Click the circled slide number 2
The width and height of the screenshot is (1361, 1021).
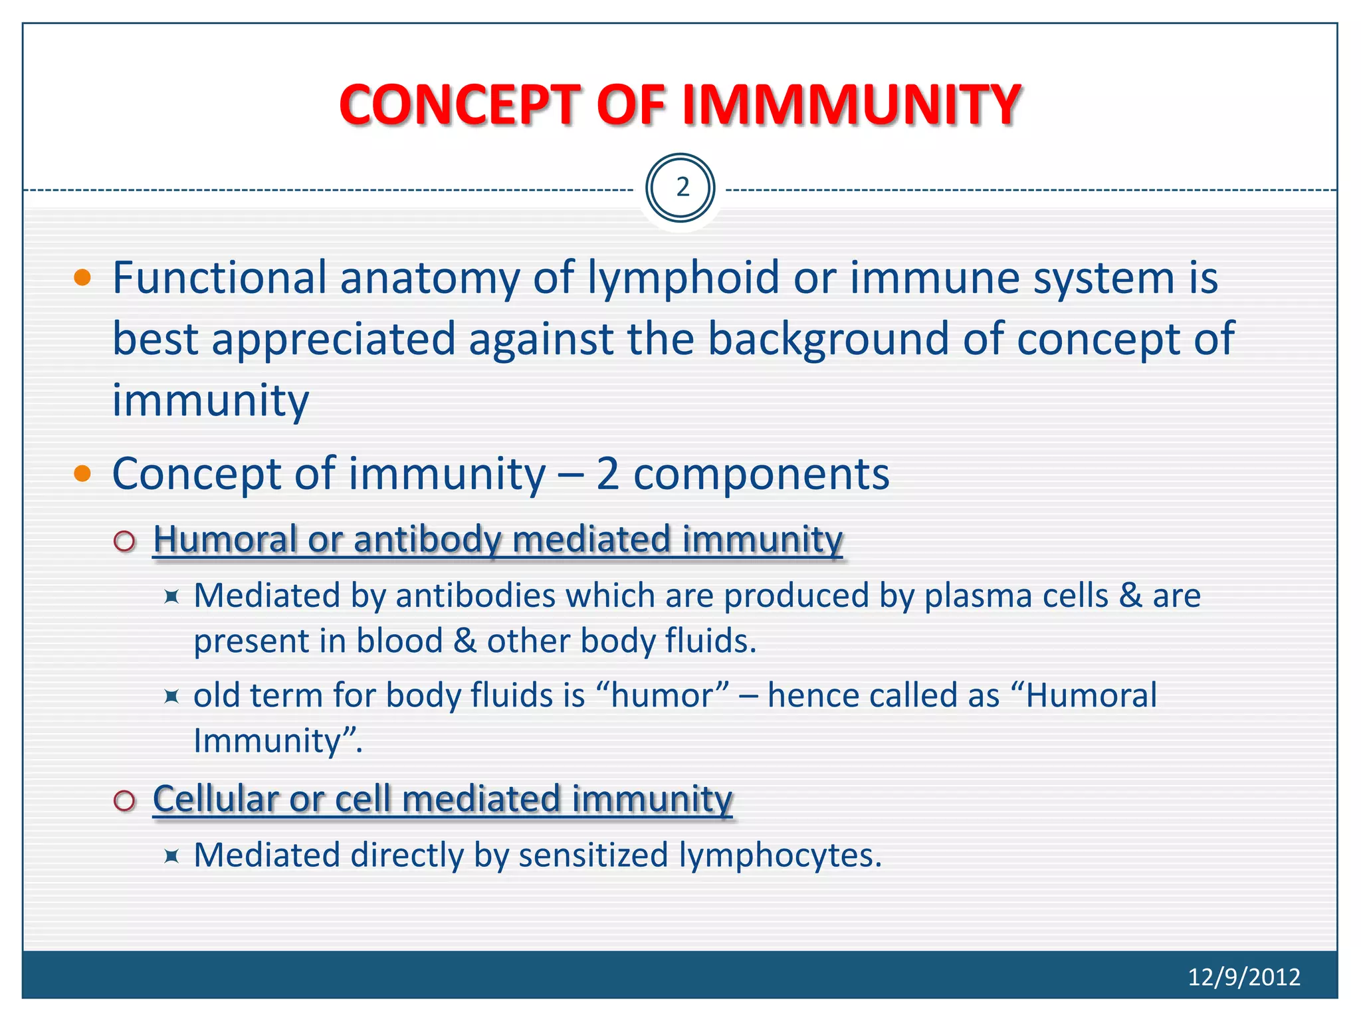pyautogui.click(x=680, y=188)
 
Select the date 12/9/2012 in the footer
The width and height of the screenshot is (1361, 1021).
pyautogui.click(x=1243, y=976)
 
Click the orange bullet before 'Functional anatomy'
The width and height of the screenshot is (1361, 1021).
pyautogui.click(x=82, y=278)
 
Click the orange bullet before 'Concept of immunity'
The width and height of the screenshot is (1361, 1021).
pyautogui.click(x=82, y=473)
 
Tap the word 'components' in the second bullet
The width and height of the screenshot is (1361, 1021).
pyautogui.click(x=761, y=474)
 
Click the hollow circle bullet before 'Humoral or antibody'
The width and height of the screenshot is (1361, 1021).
pyautogui.click(x=124, y=541)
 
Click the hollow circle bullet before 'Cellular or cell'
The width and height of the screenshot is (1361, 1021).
pyautogui.click(x=124, y=800)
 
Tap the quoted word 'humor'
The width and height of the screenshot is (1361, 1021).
pyautogui.click(x=662, y=696)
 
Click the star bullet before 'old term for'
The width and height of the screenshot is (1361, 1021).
pyautogui.click(x=171, y=697)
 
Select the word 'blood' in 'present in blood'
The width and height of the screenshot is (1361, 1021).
pyautogui.click(x=399, y=641)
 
